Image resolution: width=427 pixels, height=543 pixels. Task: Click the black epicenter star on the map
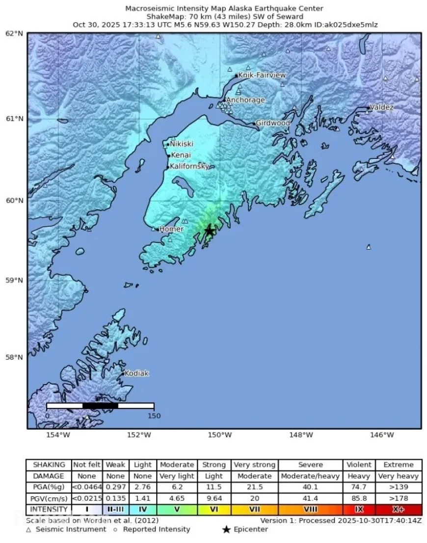(210, 231)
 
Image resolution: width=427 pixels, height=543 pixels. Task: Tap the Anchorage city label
(245, 100)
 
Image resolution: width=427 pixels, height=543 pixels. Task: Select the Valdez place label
(381, 107)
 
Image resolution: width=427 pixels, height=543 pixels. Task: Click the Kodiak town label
(136, 373)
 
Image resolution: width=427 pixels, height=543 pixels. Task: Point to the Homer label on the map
(171, 229)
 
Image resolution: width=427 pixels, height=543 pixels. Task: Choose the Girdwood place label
(273, 123)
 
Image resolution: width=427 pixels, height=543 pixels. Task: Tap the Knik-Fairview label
(261, 75)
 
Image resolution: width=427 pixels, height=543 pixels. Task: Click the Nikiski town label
(181, 144)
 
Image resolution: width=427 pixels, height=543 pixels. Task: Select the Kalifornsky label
(189, 166)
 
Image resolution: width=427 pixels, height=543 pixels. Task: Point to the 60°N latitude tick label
(14, 200)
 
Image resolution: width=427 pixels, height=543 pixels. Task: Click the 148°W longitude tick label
(301, 435)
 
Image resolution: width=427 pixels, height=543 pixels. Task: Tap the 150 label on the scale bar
(154, 416)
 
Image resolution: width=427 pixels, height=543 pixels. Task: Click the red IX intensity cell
(359, 509)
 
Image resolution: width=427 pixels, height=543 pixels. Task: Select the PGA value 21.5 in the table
(254, 487)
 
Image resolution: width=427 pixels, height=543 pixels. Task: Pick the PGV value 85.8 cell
(359, 498)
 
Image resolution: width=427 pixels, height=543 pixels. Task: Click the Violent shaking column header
(359, 465)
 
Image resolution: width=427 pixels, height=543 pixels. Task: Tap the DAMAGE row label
(49, 476)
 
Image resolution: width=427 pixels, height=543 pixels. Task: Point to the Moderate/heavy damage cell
(310, 476)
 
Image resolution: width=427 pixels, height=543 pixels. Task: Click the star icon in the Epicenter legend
(226, 529)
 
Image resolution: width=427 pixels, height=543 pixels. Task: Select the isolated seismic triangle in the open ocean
(369, 247)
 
